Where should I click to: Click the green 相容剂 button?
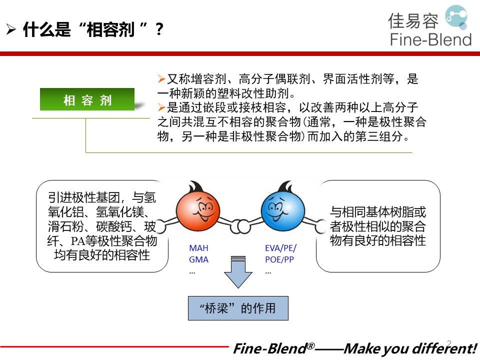[87, 99]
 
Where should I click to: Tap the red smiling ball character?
[198, 209]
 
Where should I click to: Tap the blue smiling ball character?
[282, 209]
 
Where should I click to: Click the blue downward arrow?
[238, 272]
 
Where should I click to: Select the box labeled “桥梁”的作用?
[238, 308]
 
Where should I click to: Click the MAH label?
[198, 248]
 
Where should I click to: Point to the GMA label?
[198, 259]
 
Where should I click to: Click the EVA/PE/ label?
[280, 248]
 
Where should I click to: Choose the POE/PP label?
[279, 259]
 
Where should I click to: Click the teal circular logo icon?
[456, 17]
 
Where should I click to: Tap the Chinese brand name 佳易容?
[413, 21]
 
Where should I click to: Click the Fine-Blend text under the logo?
[430, 40]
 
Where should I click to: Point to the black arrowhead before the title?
[11, 29]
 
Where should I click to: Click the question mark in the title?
[159, 29]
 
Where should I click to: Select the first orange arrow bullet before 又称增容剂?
[161, 79]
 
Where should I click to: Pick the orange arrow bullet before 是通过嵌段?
[161, 107]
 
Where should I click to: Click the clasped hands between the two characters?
[240, 226]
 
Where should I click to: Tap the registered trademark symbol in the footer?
[310, 346]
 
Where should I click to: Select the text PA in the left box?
[78, 241]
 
